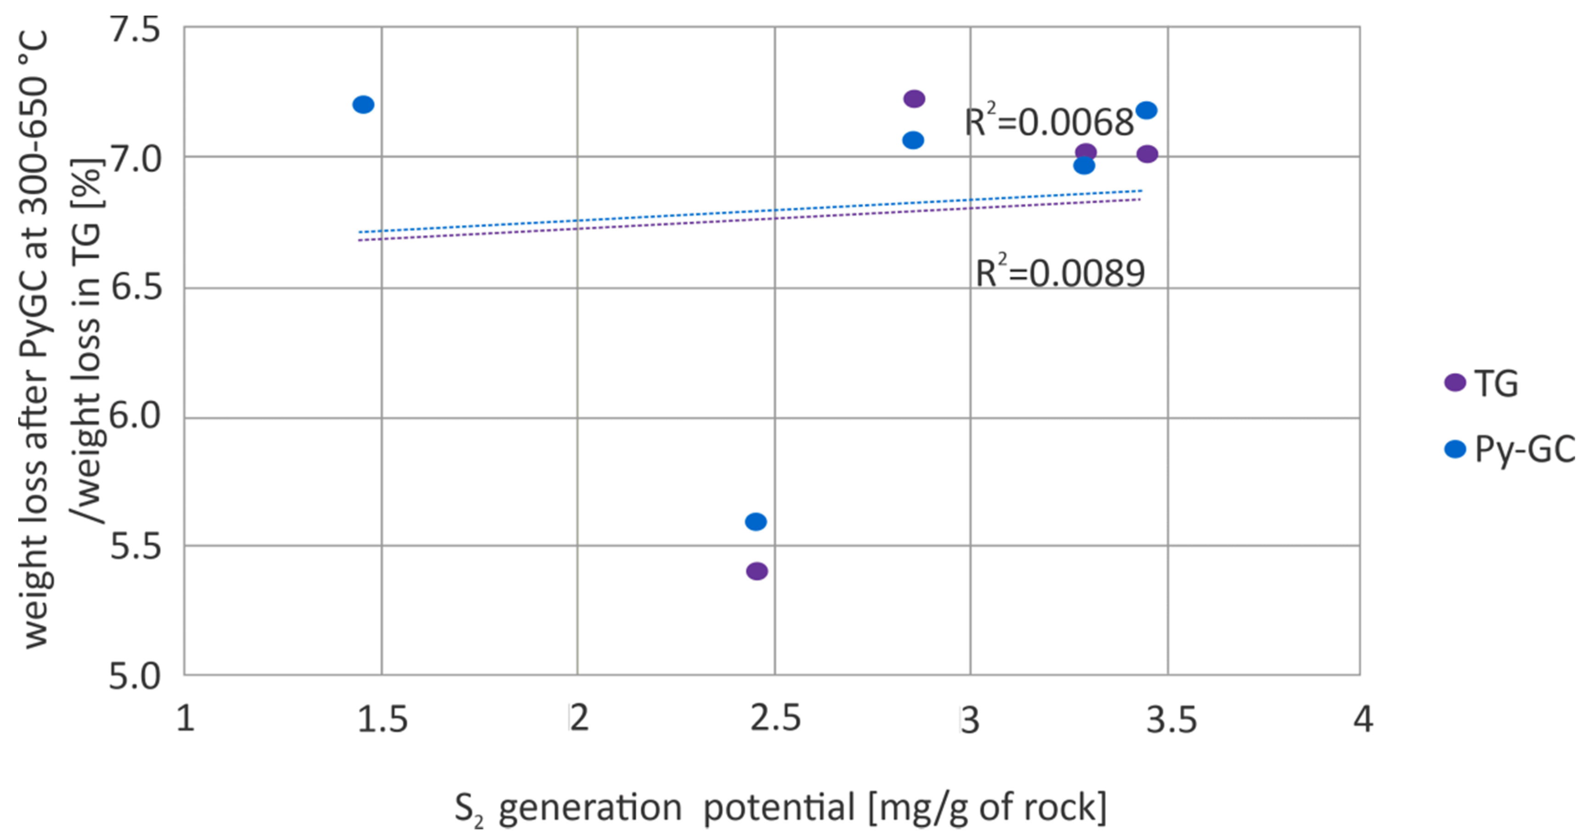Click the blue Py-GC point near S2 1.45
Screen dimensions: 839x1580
point(363,104)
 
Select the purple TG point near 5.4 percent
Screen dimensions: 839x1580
point(757,571)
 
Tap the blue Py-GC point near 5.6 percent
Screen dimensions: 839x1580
point(756,522)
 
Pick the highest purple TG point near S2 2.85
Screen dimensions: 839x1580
point(914,98)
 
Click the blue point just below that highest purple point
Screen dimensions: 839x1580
point(913,140)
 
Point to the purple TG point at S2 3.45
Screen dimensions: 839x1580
point(1147,153)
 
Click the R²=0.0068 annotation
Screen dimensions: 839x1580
point(1049,121)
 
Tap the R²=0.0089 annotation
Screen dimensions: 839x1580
point(1060,272)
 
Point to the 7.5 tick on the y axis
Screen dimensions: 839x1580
point(135,29)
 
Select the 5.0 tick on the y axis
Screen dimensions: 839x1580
point(135,677)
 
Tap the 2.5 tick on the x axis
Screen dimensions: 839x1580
point(775,718)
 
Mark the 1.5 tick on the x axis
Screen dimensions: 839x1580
point(382,718)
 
